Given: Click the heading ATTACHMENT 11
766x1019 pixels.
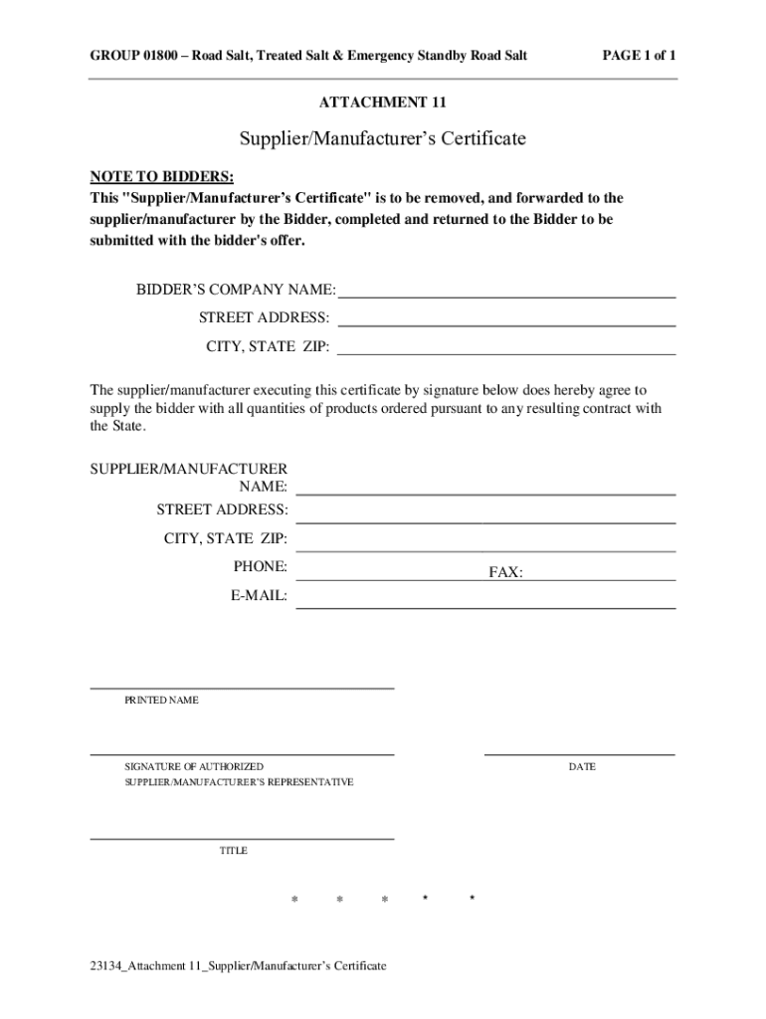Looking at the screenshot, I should click(383, 103).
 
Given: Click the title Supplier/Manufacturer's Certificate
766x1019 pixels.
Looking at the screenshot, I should click(382, 139).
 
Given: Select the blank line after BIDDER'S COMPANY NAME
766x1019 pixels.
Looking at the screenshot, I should click(507, 297).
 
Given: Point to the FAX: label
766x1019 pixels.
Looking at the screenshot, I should click(505, 573).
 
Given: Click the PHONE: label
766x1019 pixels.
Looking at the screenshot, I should click(261, 567).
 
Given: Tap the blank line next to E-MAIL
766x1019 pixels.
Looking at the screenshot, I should click(486, 607).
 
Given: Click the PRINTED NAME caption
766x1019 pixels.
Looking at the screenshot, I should click(161, 701).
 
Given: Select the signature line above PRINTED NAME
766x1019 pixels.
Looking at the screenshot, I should click(242, 688).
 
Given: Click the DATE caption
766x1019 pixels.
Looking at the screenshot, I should click(582, 767).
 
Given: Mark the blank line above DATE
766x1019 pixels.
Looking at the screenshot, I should click(580, 754).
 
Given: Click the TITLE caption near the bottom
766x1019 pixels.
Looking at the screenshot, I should click(233, 851).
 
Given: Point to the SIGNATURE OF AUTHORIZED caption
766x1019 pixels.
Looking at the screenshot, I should click(194, 767).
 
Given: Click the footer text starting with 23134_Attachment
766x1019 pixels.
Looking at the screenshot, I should click(238, 966).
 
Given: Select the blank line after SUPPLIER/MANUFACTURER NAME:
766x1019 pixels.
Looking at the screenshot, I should click(486, 494).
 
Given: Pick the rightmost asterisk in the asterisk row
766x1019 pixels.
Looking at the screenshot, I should click(473, 900).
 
